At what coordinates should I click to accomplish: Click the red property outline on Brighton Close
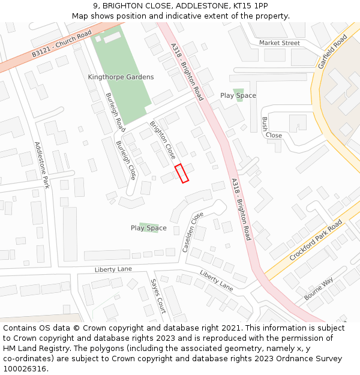coord(181,173)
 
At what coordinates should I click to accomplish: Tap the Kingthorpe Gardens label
coord(121,77)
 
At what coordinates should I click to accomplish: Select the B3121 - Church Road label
coord(62,44)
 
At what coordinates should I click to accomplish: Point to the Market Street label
coord(279,43)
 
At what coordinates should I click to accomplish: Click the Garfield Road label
coord(333,51)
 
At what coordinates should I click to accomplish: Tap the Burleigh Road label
coord(115,112)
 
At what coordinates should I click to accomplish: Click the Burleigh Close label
coord(126,160)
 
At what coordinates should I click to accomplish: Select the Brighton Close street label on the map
coord(163,140)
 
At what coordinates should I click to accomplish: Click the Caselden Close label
coord(193,232)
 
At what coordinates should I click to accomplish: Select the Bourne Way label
coord(319,290)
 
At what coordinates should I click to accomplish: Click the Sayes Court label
coord(158,296)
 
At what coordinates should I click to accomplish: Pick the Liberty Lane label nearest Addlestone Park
coord(113,269)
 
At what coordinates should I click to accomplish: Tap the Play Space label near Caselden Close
coord(149,228)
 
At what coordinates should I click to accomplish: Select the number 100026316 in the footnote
coord(25,368)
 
